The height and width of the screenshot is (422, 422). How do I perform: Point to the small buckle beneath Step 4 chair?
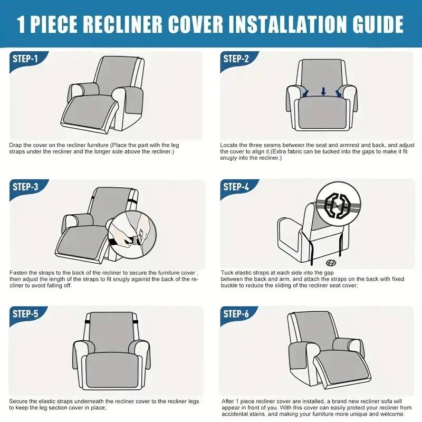(x=331, y=262)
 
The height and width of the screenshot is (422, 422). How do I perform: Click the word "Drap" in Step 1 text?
(x=16, y=145)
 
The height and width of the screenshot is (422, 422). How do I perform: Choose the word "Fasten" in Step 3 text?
(x=19, y=273)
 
